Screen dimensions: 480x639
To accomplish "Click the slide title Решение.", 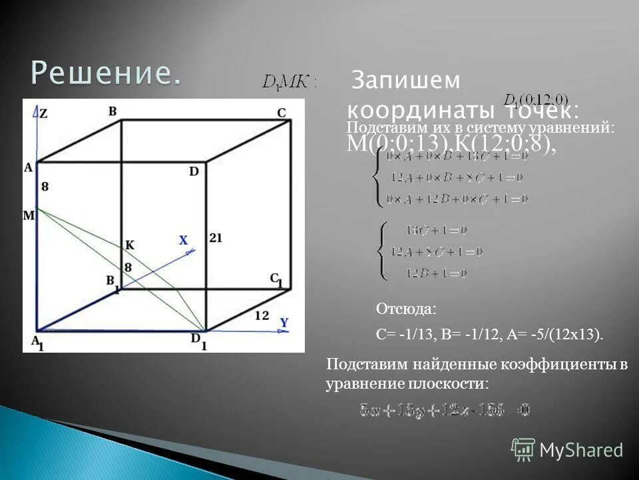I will tap(105, 73).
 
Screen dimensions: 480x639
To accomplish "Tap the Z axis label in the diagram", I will tap(43, 114).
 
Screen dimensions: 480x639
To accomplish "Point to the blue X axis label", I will tap(184, 240).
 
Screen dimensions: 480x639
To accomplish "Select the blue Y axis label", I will tap(284, 323).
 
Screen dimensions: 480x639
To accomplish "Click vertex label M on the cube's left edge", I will tap(28, 215).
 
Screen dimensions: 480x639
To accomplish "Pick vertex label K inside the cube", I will tap(130, 245).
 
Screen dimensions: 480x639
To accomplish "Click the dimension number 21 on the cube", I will tap(215, 237).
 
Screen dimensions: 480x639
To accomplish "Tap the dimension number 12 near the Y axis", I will tap(262, 315).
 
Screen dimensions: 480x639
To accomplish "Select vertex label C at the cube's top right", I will tap(282, 113).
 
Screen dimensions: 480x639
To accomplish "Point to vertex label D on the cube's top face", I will tap(194, 171).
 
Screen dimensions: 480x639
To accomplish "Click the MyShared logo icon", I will tap(523, 450).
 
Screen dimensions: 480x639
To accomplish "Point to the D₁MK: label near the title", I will tap(290, 83).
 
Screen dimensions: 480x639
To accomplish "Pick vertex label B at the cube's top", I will tap(112, 111).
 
